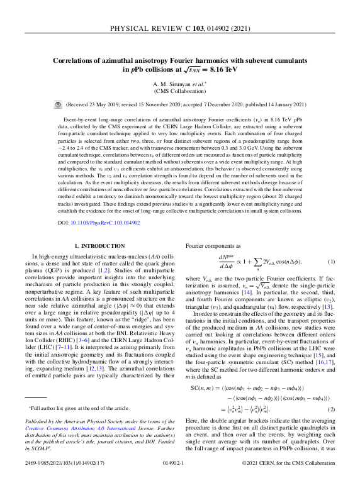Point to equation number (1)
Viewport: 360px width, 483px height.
pyautogui.click(x=331, y=260)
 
